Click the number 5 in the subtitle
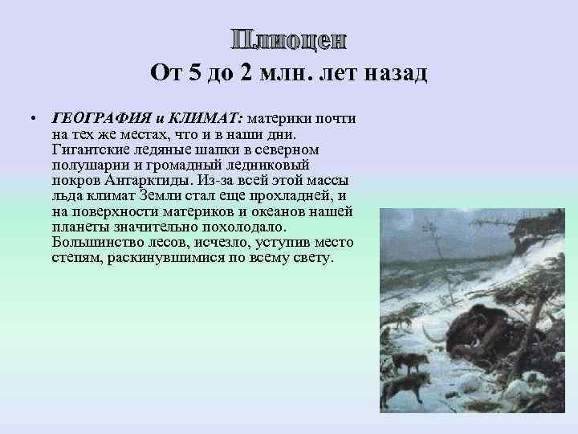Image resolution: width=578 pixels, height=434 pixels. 195,75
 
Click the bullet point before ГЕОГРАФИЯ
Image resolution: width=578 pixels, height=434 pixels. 30,118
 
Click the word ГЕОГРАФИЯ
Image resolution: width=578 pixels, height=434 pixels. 87,118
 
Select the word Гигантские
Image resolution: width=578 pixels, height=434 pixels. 89,149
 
